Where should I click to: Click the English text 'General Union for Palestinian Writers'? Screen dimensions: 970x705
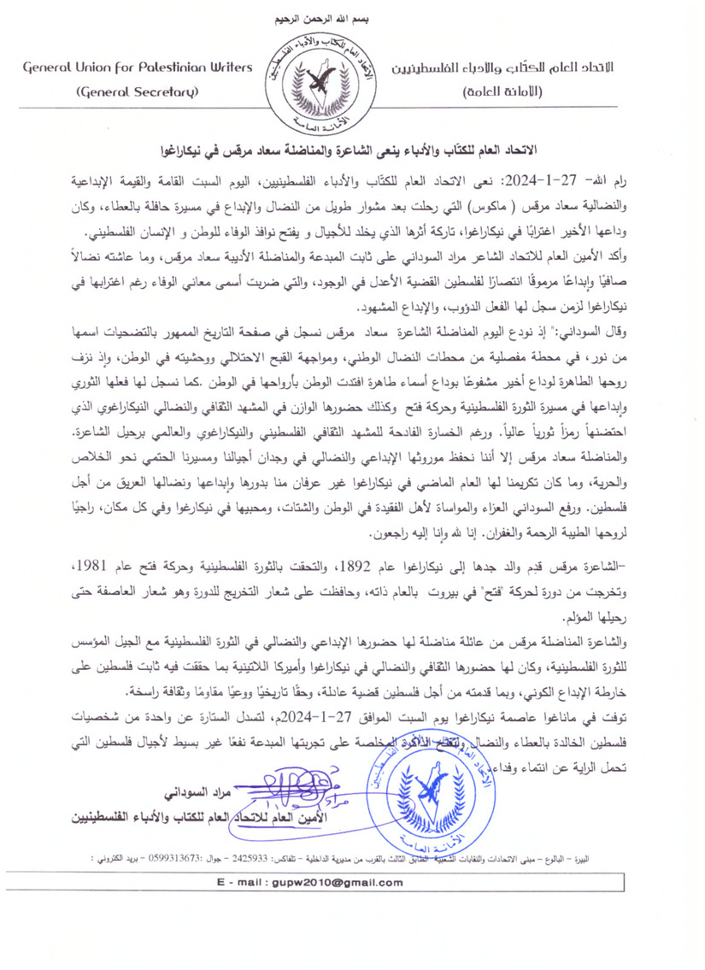[138, 66]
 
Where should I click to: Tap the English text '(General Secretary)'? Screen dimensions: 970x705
[138, 92]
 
